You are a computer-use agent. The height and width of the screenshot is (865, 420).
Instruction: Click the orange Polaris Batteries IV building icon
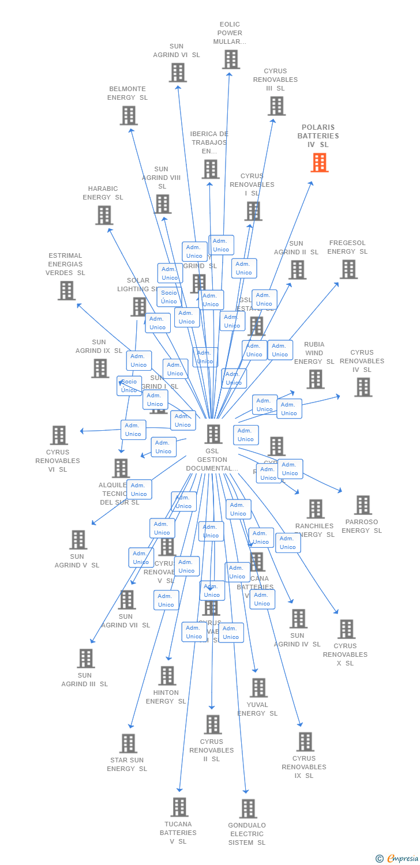coord(319,163)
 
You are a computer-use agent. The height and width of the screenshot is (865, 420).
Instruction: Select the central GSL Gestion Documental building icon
coord(213,434)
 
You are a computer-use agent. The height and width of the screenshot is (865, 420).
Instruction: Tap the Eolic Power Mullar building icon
coord(231,59)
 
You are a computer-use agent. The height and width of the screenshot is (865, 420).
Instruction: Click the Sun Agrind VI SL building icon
coord(178,73)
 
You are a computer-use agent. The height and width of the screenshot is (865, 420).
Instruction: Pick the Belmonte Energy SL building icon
coord(129,115)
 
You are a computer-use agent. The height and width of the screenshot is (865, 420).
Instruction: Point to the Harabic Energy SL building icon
coord(104,215)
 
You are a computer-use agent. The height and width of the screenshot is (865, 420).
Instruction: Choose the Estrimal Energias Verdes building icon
coord(67,291)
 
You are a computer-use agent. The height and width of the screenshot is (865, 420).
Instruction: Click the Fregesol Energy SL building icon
coord(348,269)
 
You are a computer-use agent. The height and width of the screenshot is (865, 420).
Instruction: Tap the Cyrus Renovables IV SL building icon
coord(363,388)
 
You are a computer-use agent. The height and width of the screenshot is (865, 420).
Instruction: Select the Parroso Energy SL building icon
coord(363,505)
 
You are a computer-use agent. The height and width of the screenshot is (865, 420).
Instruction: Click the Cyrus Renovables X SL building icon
coord(346,629)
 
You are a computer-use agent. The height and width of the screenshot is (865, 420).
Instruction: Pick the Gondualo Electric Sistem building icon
coord(248,808)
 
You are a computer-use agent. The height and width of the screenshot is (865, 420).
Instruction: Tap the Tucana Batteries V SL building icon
coord(179,807)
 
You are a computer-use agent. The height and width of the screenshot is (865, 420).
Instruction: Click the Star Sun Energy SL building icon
coord(128,743)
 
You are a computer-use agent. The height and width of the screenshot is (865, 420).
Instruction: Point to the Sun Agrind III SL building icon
coord(85,658)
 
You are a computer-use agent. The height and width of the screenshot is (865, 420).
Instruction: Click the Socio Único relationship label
coord(169,297)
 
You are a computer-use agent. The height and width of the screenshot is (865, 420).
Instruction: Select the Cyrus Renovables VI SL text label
coord(58,461)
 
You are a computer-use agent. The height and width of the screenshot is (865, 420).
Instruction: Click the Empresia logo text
coord(402,859)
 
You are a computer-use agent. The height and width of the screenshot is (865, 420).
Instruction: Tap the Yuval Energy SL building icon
coord(258,687)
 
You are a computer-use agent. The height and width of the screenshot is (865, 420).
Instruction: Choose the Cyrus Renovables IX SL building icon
coord(305,742)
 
